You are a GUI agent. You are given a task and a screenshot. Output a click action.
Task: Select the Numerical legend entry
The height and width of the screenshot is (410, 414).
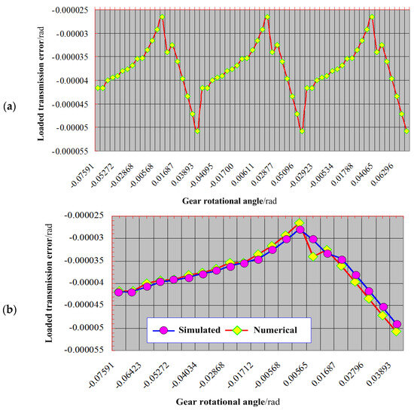(x=269, y=329)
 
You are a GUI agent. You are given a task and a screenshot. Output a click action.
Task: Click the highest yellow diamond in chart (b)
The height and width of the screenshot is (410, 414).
(x=300, y=223)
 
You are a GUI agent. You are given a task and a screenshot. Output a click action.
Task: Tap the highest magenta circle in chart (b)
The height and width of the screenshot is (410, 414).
(x=300, y=229)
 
